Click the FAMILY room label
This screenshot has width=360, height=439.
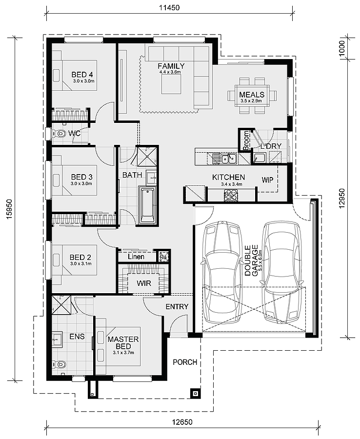coord(171,66)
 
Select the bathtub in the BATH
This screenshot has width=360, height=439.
coord(147,205)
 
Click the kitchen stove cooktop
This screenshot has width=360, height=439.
coord(231,195)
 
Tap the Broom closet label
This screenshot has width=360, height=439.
coord(246,140)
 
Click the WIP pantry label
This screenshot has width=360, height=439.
coord(267,180)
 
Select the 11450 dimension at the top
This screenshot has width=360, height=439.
coord(169,7)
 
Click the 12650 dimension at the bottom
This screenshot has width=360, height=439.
coord(182,421)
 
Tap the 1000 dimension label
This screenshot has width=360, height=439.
coord(342,49)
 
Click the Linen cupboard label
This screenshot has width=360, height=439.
coord(136,257)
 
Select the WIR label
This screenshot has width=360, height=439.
coord(144,283)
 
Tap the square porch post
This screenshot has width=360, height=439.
coord(195,393)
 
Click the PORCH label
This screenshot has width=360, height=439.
coord(185,362)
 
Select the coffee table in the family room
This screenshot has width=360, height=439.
coord(171,85)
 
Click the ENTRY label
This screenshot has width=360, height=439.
coord(177,307)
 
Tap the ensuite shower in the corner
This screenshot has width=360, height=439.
coord(61,306)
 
